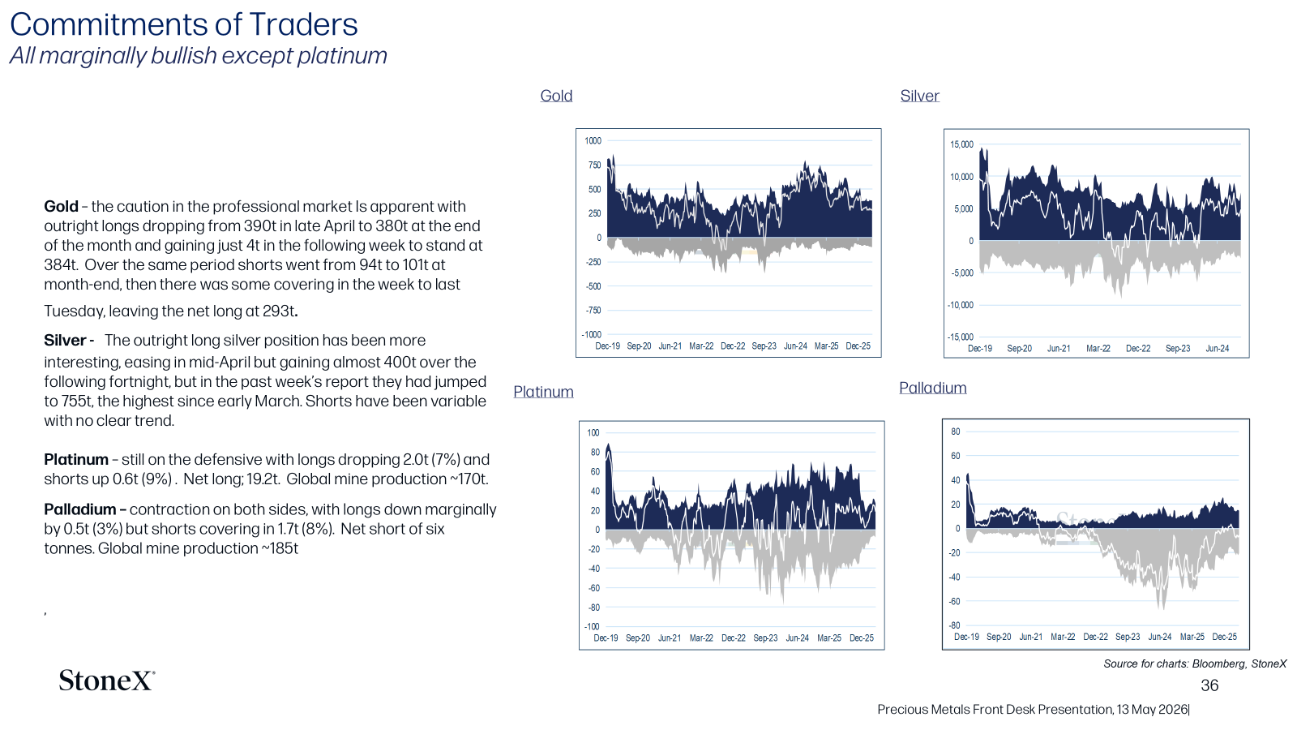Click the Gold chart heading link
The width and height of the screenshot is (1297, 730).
point(556,96)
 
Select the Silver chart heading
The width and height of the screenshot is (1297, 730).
point(919,96)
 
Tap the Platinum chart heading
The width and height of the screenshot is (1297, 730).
point(543,392)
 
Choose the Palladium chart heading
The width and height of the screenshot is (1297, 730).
point(933,388)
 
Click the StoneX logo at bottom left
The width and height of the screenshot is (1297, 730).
point(106,681)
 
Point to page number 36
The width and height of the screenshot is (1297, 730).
point(1209,685)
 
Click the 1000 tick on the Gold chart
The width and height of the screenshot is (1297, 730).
point(593,141)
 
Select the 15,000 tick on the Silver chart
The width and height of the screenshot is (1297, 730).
point(961,144)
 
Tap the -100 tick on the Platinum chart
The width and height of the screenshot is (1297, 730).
point(592,626)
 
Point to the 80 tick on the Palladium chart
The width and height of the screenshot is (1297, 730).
point(956,432)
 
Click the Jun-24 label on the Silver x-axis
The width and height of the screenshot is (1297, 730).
point(1217,348)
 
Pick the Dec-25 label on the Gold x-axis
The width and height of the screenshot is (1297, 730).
point(858,346)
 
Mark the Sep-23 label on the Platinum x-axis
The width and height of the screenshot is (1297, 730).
point(765,638)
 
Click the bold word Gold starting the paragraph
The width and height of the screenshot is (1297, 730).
point(61,206)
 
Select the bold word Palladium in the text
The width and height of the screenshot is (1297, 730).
point(80,509)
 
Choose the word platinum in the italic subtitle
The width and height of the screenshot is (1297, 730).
point(342,56)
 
